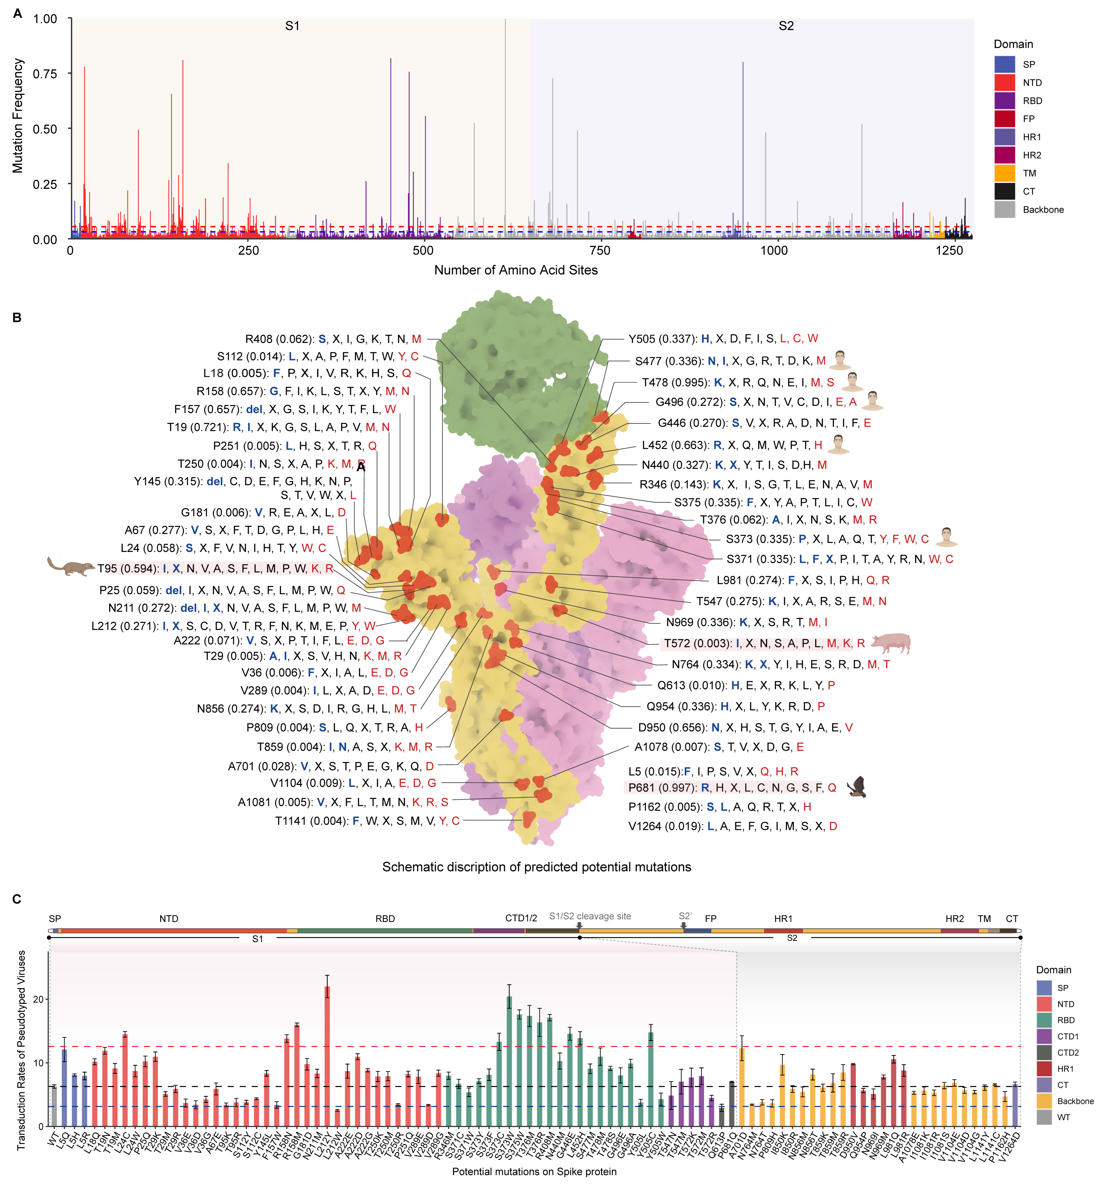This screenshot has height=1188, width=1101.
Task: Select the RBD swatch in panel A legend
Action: click(1004, 101)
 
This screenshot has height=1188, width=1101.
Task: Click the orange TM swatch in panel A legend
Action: click(1004, 173)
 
